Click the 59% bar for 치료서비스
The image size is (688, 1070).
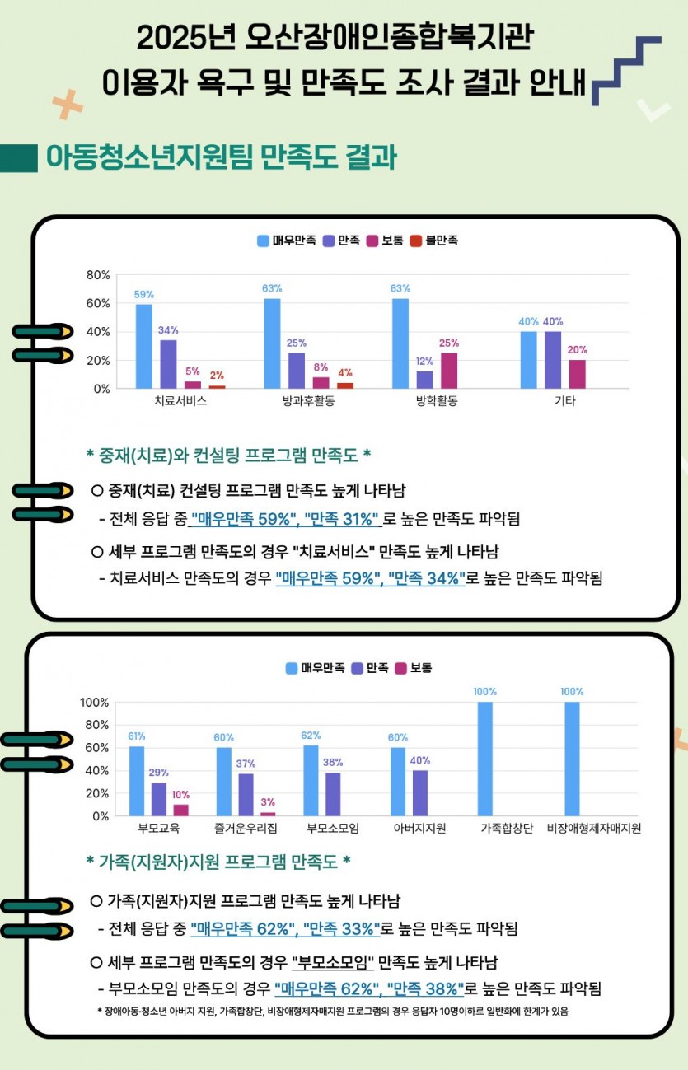[x=144, y=346]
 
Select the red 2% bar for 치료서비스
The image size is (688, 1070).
[x=217, y=387]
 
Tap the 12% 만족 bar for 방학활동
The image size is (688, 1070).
[x=424, y=380]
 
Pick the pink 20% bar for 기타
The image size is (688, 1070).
[x=577, y=374]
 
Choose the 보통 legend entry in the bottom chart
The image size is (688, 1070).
[x=414, y=668]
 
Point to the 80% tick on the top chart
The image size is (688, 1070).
[x=98, y=275]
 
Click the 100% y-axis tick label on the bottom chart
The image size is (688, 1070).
[x=95, y=703]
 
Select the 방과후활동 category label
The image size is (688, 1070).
[x=308, y=401]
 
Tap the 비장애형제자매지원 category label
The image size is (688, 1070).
[x=594, y=829]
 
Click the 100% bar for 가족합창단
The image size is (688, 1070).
[x=485, y=759]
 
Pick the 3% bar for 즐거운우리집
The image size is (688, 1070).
[x=268, y=814]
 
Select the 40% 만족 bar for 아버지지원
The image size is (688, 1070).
[x=420, y=793]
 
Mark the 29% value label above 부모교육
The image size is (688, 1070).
[x=159, y=773]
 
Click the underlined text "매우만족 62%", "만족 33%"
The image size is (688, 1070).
[x=285, y=928]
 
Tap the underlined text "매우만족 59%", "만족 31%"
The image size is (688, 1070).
[x=285, y=519]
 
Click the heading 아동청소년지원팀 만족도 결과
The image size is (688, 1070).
[x=221, y=157]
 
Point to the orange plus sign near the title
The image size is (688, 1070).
[x=68, y=105]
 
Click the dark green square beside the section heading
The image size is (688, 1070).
[x=19, y=158]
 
